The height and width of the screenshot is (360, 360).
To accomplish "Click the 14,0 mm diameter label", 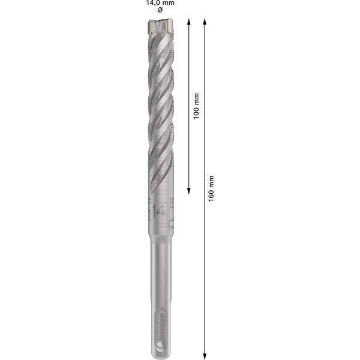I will [x=160, y=3].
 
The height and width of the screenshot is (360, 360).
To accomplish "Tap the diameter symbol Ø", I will [x=160, y=11].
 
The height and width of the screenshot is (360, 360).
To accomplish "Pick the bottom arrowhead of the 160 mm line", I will [x=205, y=354].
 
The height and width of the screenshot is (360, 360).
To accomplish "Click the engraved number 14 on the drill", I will [x=159, y=212].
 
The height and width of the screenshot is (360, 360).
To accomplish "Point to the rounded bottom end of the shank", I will [x=160, y=355].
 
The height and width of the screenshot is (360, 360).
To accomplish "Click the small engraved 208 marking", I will [x=172, y=204].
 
